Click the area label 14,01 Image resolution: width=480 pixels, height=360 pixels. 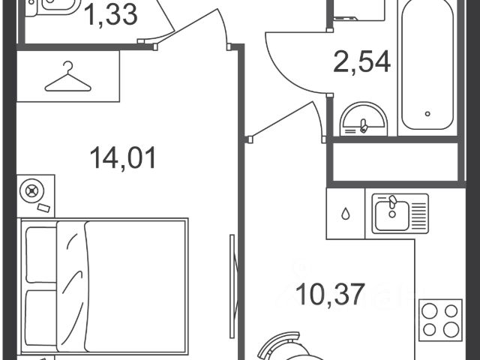[123, 158]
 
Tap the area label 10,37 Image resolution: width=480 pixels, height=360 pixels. [331, 295]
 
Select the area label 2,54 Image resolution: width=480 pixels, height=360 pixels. [361, 61]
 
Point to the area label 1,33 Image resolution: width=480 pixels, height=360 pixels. [110, 15]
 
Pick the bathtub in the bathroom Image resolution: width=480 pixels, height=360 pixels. [427, 65]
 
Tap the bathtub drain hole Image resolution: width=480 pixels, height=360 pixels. [427, 114]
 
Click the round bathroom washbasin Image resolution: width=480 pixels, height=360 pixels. [364, 119]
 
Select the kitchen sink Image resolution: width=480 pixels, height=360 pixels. [400, 214]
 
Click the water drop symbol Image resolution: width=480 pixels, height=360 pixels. [346, 214]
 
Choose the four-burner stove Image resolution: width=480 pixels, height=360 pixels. [440, 320]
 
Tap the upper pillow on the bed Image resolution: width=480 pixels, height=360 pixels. [41, 255]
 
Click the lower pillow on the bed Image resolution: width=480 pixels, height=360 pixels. [41, 318]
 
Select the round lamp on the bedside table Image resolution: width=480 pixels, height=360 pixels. [31, 191]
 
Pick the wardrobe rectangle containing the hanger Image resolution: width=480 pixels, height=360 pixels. [68, 76]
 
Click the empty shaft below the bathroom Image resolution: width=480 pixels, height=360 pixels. [395, 162]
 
